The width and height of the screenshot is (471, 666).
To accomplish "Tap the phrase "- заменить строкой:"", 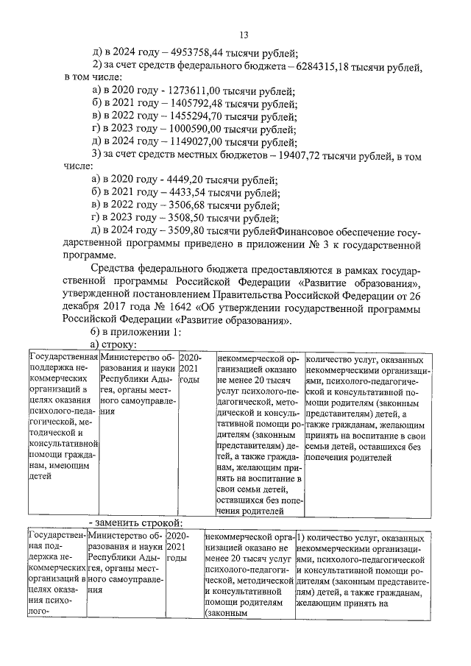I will [135, 522].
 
